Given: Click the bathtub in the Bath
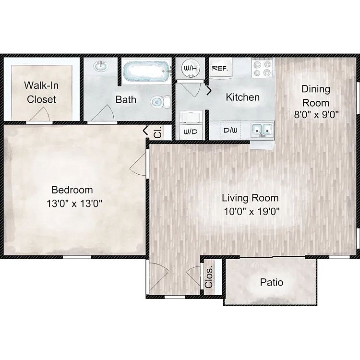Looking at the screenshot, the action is (x=146, y=71).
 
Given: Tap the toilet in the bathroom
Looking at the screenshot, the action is (x=160, y=102).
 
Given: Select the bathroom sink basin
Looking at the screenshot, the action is (x=101, y=66).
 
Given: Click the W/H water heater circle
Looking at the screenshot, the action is (x=191, y=69).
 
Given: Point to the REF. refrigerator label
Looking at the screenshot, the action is (x=220, y=69).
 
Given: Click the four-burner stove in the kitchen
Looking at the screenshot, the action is (x=262, y=68).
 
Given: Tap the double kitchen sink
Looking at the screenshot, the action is (x=262, y=130).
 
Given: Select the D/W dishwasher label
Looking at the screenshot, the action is (x=230, y=131).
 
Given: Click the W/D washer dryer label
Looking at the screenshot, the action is (x=191, y=132).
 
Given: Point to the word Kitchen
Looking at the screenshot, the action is (x=243, y=97).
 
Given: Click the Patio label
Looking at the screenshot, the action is (x=271, y=282).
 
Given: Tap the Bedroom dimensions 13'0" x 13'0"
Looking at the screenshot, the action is (x=74, y=204).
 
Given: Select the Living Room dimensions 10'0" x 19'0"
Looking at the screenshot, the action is (x=252, y=212).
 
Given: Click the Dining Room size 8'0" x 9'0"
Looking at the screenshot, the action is (x=316, y=114).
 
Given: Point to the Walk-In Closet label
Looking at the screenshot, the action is (x=41, y=92).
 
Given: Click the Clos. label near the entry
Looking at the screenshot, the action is (x=209, y=277).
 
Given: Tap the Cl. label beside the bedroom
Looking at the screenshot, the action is (x=158, y=132).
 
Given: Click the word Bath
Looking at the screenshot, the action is (x=126, y=100).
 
